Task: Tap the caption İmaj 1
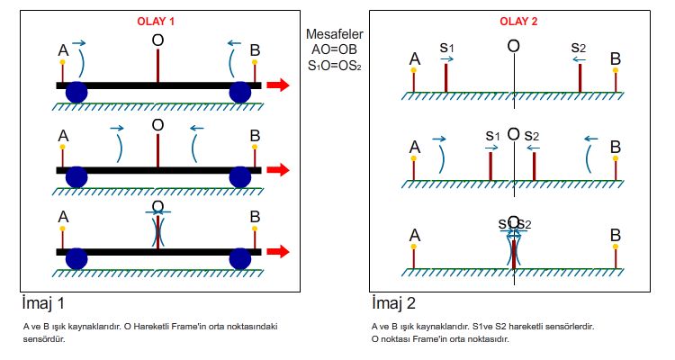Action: (44, 302)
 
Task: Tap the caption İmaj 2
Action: (393, 302)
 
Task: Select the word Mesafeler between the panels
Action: (334, 33)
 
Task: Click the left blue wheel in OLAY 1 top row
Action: (76, 91)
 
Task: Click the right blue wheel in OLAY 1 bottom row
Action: (239, 258)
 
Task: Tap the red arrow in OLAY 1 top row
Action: (278, 85)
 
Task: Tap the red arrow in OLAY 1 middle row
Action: (278, 169)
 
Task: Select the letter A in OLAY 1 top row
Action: (63, 50)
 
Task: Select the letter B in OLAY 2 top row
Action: (616, 59)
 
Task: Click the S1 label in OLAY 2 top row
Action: (446, 46)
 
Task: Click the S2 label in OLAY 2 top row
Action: (579, 46)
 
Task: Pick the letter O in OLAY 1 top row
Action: (158, 40)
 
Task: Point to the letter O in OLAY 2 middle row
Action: (513, 134)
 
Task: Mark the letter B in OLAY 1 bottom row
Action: (256, 216)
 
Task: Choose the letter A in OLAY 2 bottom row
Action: (414, 235)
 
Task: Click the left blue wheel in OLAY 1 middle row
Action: (76, 175)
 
